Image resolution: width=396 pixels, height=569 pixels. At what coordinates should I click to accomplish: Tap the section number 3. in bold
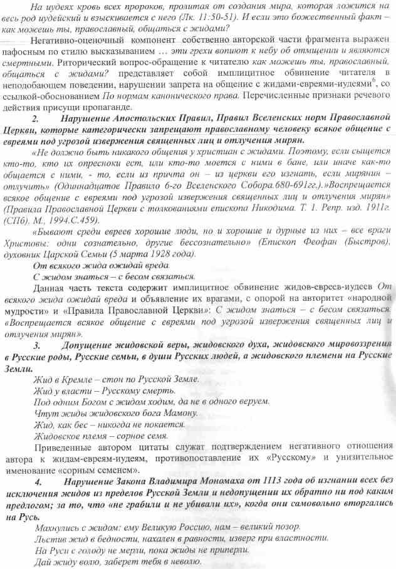point(38,345)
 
